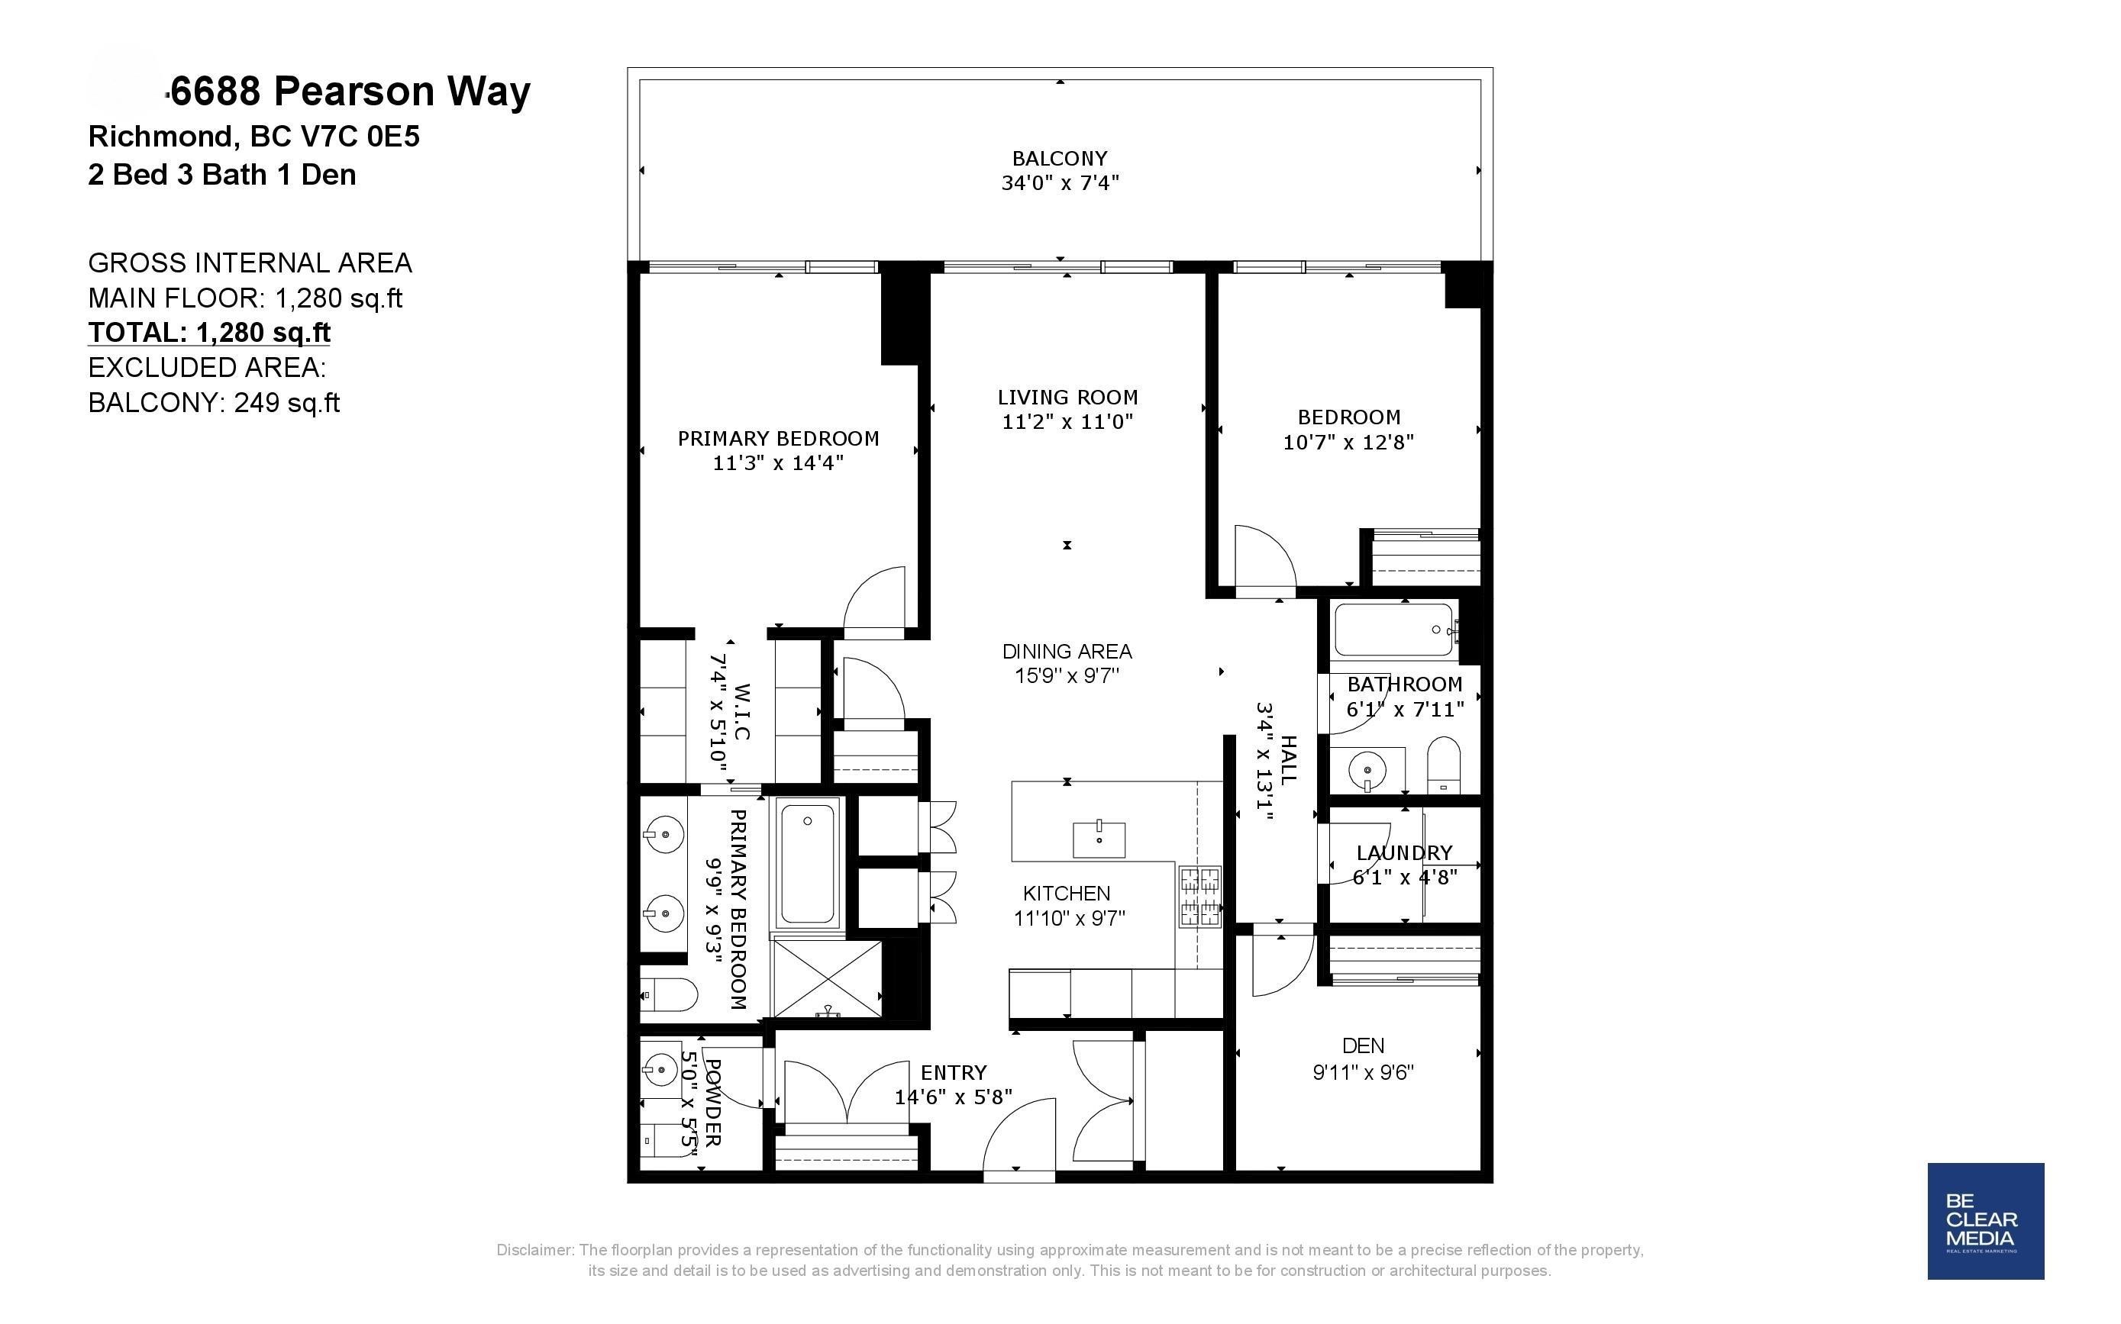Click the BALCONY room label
pos(1059,159)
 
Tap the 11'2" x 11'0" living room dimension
pos(1067,422)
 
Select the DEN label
pos(1363,1045)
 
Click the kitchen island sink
pos(1099,839)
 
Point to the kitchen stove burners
pos(1199,896)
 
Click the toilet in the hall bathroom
pos(1443,764)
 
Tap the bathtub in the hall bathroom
pos(1394,630)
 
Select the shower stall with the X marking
pos(826,978)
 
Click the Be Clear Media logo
pos(1985,1221)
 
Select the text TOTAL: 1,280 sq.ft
pos(209,333)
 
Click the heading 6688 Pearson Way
pos(350,91)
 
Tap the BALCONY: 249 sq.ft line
pos(214,403)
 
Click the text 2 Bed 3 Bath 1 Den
pos(221,174)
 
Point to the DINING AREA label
pos(1066,652)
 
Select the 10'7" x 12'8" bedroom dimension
pos(1348,442)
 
